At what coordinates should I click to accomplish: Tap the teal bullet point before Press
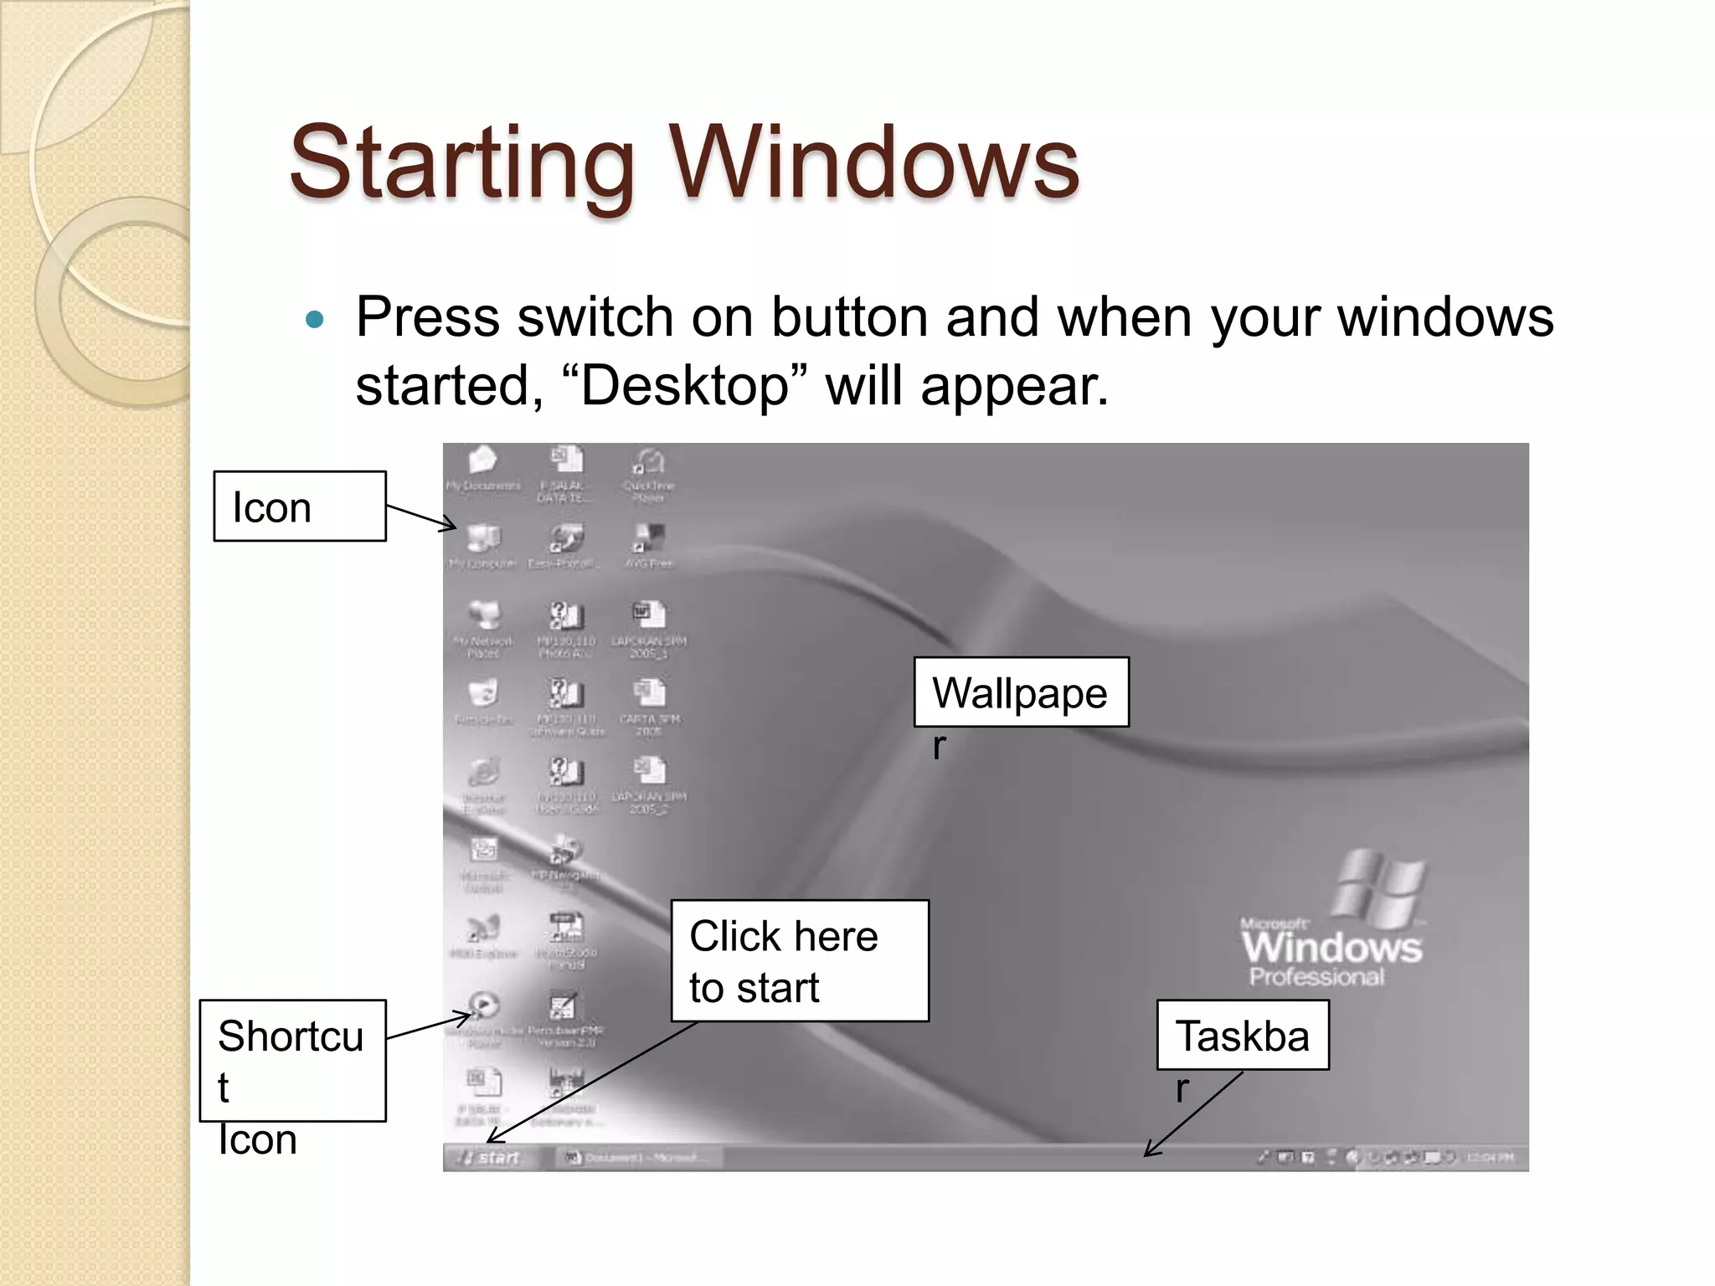[x=315, y=320]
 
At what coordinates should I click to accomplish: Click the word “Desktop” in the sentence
[x=684, y=387]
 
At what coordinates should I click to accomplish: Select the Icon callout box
[x=299, y=507]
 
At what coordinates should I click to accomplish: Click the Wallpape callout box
[x=1020, y=692]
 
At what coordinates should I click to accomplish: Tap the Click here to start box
[x=799, y=960]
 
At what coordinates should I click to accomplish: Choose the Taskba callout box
[x=1242, y=1036]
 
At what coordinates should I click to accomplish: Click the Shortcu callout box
[x=292, y=1059]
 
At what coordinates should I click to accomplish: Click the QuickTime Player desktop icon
[x=648, y=466]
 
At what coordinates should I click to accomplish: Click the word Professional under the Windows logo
[x=1316, y=977]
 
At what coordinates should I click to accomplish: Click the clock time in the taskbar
[x=1491, y=1158]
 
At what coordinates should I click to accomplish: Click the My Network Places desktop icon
[x=483, y=620]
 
